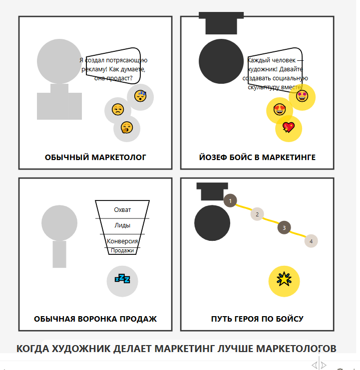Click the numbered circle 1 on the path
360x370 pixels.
[230, 201]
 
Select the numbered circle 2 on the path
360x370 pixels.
[257, 214]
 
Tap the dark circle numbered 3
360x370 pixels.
[284, 228]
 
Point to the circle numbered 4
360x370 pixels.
[311, 241]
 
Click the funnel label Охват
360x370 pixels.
[122, 210]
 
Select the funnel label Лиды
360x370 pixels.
[122, 225]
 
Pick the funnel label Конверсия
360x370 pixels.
[122, 241]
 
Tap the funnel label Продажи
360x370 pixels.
[122, 250]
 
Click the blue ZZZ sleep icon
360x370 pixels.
[122, 278]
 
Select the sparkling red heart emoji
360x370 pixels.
[289, 128]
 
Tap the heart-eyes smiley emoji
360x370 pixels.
[280, 109]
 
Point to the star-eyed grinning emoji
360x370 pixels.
[302, 96]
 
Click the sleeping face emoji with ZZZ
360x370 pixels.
[140, 96]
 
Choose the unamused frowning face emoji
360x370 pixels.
[117, 110]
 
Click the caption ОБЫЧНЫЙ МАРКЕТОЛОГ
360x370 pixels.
[95, 158]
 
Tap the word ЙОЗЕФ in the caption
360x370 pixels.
[212, 158]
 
